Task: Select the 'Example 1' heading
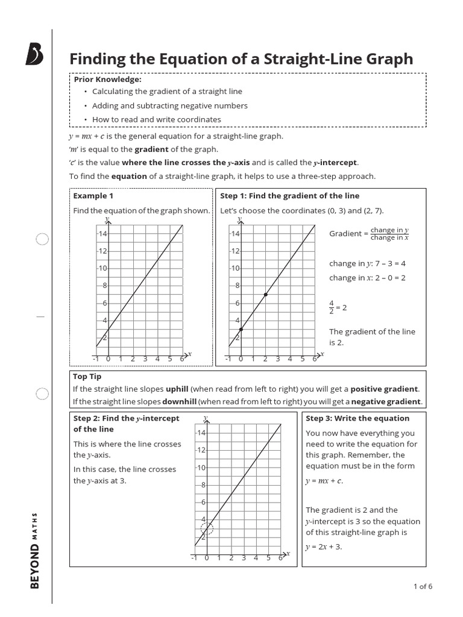pos(93,196)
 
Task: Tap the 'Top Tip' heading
pos(87,377)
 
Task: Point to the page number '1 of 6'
pos(423,586)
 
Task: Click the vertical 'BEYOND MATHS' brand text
pos(35,550)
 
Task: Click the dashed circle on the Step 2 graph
pos(207,528)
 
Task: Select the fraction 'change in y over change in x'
pos(389,234)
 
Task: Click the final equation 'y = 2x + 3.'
pos(324,547)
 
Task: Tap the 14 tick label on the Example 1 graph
pos(102,234)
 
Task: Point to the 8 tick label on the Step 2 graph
pos(203,485)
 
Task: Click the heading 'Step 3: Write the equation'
pos(357,418)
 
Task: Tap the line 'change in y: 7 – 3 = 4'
pos(367,264)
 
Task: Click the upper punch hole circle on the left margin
pos(42,240)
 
